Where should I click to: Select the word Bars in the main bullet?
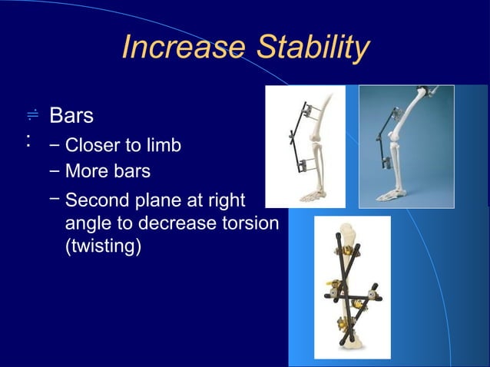point(71,117)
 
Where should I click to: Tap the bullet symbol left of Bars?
point(31,115)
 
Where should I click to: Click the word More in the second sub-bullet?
point(86,170)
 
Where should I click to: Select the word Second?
point(95,202)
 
